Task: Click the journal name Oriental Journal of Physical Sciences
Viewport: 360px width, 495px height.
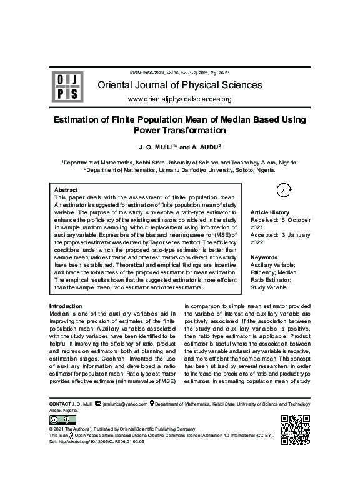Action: tap(179, 85)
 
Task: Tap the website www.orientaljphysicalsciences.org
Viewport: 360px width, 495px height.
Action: tap(179, 99)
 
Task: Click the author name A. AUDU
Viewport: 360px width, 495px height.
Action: tap(199, 147)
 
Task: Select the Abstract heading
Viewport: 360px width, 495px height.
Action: tap(66, 189)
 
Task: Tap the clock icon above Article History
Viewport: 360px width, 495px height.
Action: tap(282, 191)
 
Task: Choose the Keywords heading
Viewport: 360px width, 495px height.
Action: tap(264, 257)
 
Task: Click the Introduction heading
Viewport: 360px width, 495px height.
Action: tap(66, 306)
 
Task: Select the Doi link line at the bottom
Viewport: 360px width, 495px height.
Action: tap(96, 441)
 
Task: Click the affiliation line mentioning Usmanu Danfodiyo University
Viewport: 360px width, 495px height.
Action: tap(179, 169)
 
